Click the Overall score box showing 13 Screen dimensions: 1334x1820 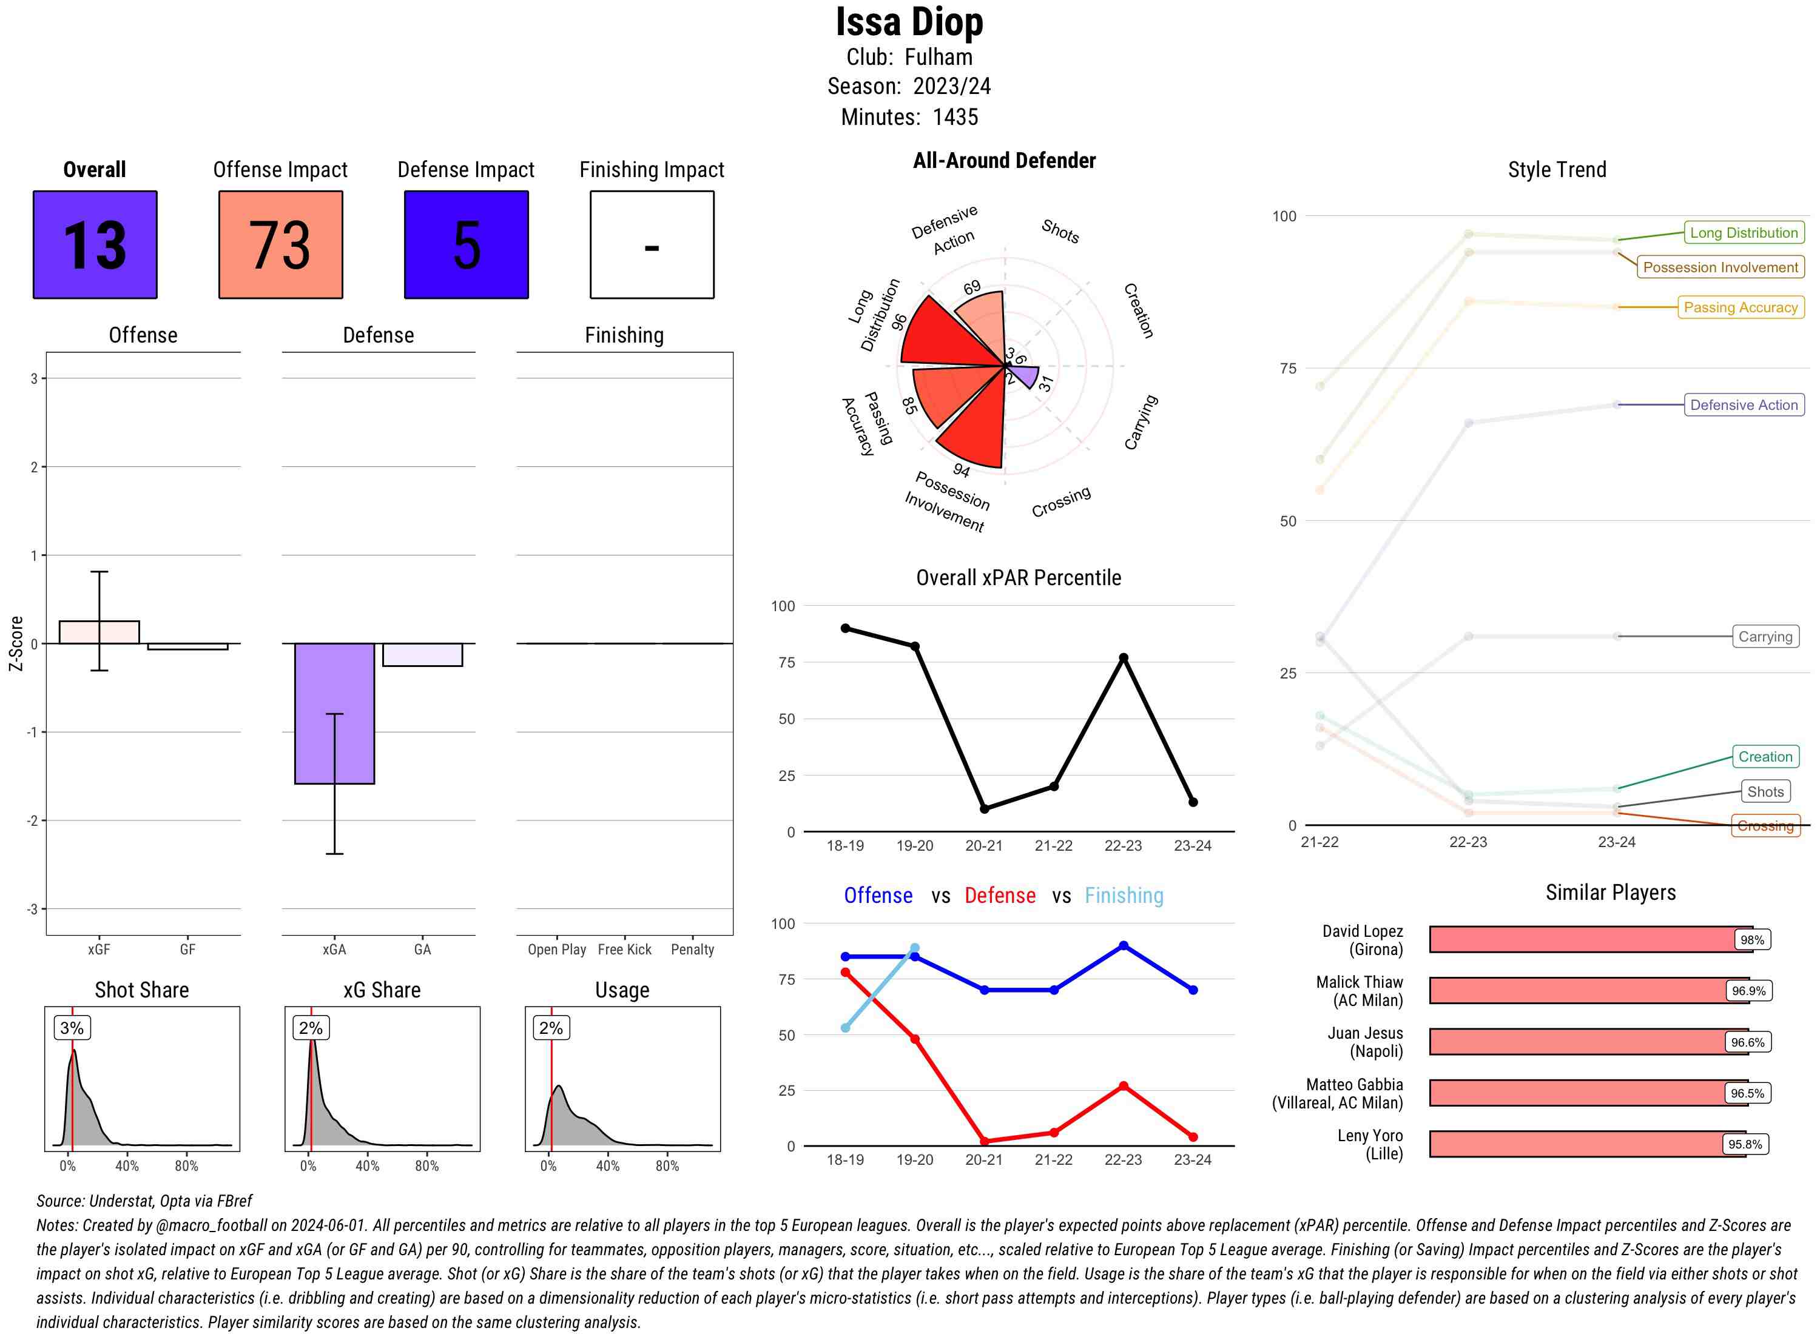point(95,245)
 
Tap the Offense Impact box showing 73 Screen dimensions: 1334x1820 point(280,245)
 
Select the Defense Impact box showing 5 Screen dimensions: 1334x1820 point(466,245)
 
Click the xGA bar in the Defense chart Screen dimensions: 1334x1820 point(334,713)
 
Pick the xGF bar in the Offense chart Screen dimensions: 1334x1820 point(99,632)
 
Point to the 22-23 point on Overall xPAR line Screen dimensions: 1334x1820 point(1123,658)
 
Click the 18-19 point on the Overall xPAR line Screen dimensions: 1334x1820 point(845,628)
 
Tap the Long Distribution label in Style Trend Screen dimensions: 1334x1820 point(1744,233)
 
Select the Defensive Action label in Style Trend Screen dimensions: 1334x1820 point(1744,404)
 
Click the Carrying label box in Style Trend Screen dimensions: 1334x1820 point(1765,636)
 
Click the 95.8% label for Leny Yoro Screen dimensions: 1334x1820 point(1745,1144)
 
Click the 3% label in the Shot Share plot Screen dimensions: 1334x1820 point(72,1028)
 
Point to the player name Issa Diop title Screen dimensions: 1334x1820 point(909,22)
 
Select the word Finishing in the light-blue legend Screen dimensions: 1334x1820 point(1124,896)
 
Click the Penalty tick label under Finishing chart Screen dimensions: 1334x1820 point(692,950)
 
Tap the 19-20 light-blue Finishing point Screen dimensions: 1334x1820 point(914,948)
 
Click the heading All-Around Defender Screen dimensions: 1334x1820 point(1004,161)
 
